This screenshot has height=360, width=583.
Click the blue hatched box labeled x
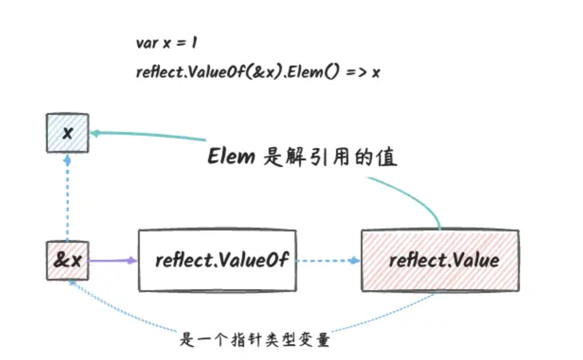pyautogui.click(x=67, y=133)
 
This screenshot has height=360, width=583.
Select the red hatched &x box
pyautogui.click(x=67, y=260)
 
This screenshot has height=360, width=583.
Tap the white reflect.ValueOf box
pyautogui.click(x=217, y=260)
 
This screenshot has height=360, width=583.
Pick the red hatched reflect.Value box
pyautogui.click(x=439, y=260)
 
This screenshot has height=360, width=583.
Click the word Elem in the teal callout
pyautogui.click(x=231, y=157)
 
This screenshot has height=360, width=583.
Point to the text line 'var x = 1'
pyautogui.click(x=166, y=43)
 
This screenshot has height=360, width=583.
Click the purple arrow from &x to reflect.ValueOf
pyautogui.click(x=112, y=260)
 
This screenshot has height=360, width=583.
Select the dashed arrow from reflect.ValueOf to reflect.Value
pyautogui.click(x=327, y=260)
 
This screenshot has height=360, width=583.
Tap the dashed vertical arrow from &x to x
pyautogui.click(x=67, y=199)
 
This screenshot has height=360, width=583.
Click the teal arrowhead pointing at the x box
pyautogui.click(x=94, y=133)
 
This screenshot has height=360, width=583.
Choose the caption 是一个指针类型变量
pyautogui.click(x=255, y=340)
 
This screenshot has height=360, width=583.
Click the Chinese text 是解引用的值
pyautogui.click(x=330, y=158)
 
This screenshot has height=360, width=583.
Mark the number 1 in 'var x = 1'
pyautogui.click(x=194, y=43)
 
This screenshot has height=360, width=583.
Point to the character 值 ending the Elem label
pyautogui.click(x=388, y=158)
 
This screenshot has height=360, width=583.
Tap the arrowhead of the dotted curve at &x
pyautogui.click(x=71, y=281)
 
